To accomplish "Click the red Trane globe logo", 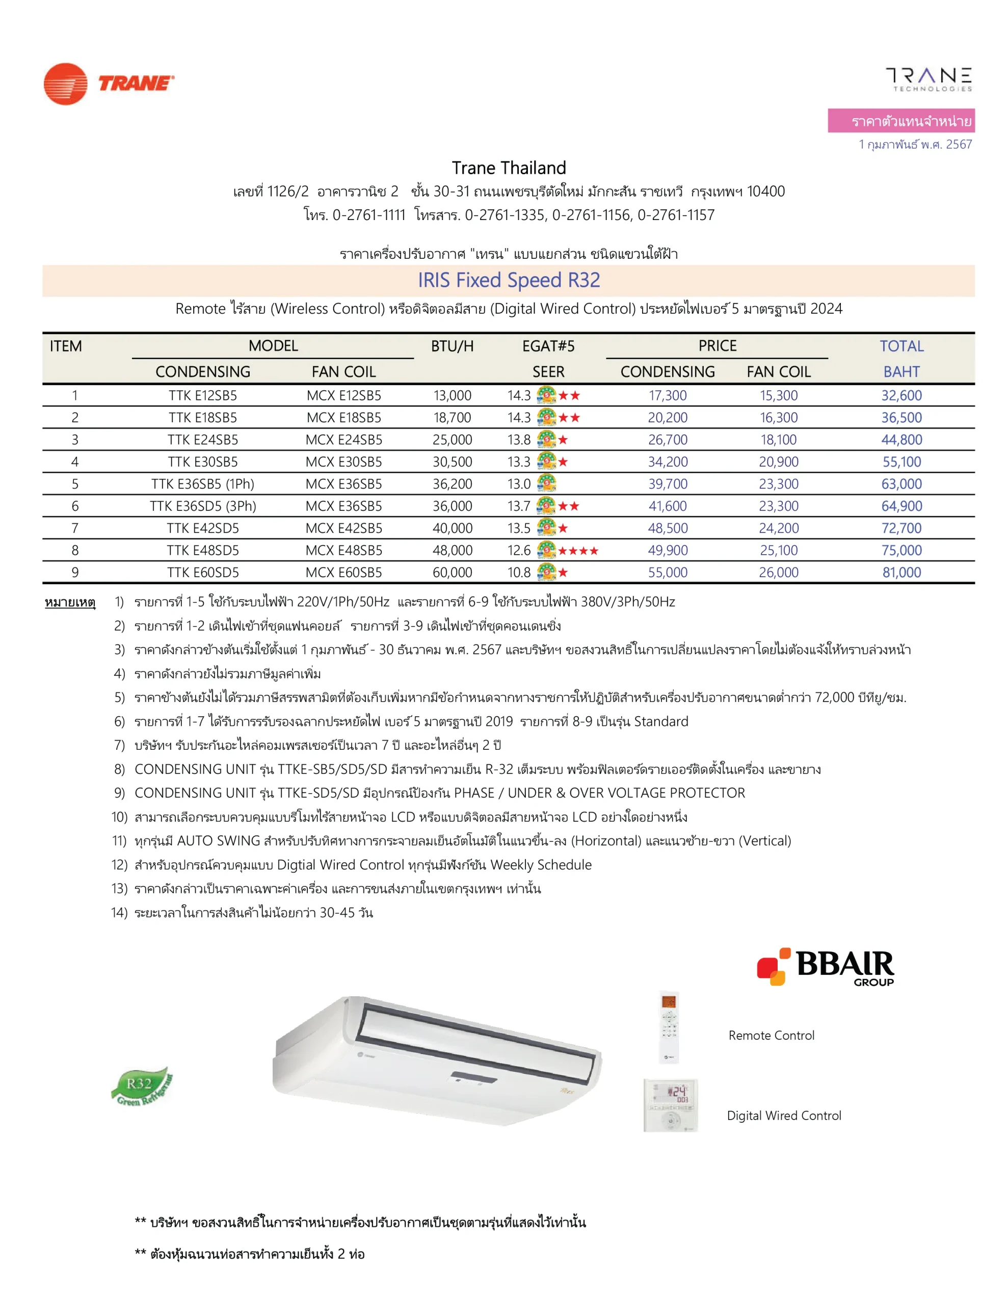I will (65, 84).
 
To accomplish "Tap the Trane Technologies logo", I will (929, 79).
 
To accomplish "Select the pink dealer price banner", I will (900, 121).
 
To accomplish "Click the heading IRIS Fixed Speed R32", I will (509, 280).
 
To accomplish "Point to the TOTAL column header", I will (901, 346).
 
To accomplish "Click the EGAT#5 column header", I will (548, 346).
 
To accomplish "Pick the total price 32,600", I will (901, 395).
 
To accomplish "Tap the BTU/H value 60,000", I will (453, 572).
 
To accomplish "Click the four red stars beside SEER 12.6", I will (578, 551).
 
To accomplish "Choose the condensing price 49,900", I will (668, 550).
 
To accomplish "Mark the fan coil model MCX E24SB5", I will (343, 440).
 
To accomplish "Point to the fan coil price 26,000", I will (779, 572).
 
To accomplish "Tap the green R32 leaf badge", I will (142, 1086).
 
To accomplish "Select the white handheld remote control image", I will (669, 1026).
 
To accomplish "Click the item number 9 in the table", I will (75, 572).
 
